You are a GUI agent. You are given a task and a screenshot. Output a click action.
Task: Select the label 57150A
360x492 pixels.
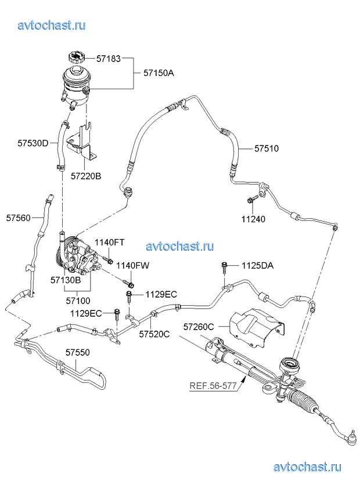(155, 73)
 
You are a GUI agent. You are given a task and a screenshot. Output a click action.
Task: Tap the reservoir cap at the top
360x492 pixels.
(76, 57)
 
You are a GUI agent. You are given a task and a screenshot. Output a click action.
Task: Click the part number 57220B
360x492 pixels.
(86, 176)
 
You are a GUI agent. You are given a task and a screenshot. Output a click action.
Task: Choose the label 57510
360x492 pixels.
(267, 149)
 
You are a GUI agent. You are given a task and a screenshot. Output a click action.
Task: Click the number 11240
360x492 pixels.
(253, 220)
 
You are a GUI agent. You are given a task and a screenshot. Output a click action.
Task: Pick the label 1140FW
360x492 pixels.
(133, 265)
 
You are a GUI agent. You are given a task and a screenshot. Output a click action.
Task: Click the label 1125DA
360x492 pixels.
(258, 266)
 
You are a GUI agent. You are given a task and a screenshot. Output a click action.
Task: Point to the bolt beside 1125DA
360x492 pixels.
(224, 267)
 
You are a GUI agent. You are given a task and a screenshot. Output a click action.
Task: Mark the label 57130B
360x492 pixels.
(66, 280)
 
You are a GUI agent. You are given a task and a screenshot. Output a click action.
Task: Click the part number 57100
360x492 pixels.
(77, 302)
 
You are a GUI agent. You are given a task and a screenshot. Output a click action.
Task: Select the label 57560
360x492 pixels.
(19, 218)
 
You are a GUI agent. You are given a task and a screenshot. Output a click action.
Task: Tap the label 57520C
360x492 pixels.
(154, 334)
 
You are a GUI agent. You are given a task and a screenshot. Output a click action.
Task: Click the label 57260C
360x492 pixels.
(199, 327)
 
